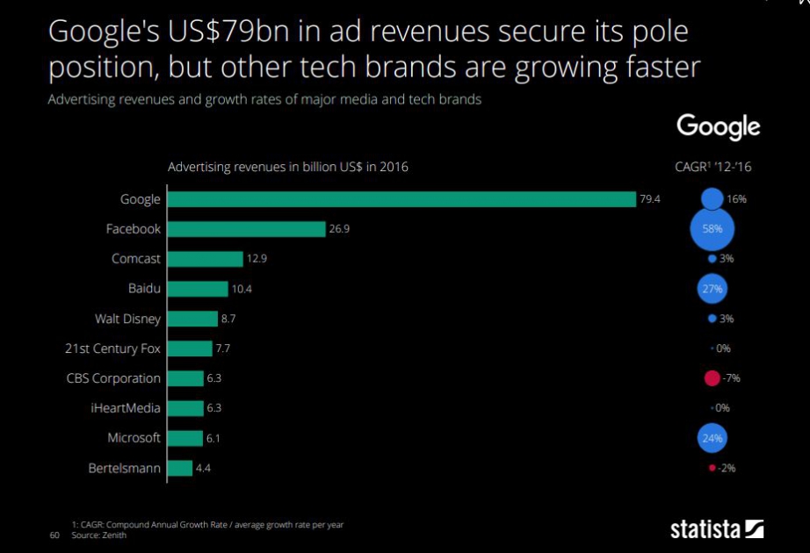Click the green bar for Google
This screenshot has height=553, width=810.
click(x=401, y=199)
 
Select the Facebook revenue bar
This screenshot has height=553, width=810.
click(x=247, y=229)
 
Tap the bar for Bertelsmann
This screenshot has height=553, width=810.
click(x=179, y=468)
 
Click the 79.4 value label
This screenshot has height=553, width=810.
click(x=649, y=199)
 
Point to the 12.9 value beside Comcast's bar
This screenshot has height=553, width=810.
click(x=257, y=259)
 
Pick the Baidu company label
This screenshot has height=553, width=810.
click(x=144, y=289)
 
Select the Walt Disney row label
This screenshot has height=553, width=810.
click(x=127, y=319)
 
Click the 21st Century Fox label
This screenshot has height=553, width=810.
click(x=112, y=348)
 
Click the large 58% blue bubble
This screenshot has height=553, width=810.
click(x=712, y=229)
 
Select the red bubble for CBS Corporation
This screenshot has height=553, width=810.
click(x=712, y=378)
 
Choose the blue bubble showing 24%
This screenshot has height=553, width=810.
click(x=712, y=438)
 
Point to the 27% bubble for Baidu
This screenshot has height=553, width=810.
click(x=712, y=289)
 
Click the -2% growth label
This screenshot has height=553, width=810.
click(x=727, y=468)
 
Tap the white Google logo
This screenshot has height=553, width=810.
click(x=718, y=127)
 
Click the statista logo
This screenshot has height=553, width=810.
click(x=717, y=528)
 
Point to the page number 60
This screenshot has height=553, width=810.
click(x=54, y=535)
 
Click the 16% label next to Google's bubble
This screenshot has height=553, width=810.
click(x=736, y=199)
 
